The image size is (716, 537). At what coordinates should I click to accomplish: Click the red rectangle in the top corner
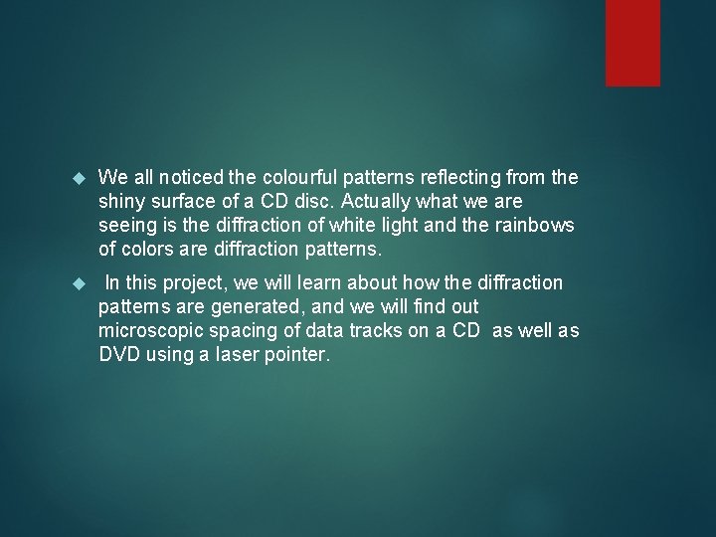[x=632, y=42]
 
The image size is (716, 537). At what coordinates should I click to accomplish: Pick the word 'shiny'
[x=121, y=202]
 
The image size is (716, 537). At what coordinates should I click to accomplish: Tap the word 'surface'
[x=186, y=202]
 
